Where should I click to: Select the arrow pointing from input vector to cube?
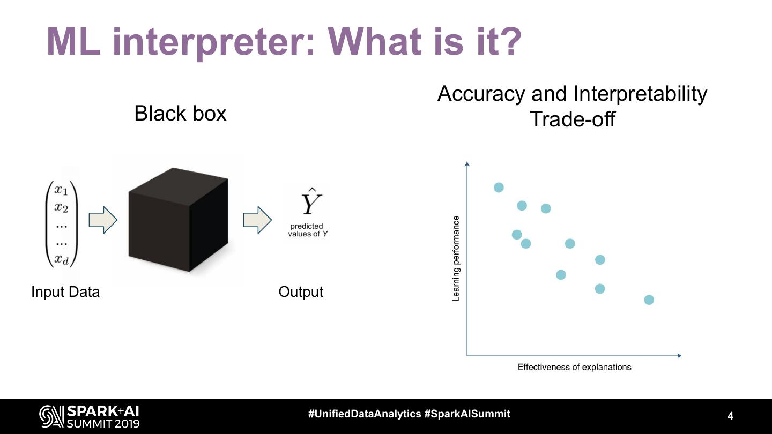[x=102, y=220]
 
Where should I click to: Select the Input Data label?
[x=65, y=292]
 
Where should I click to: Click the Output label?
[x=301, y=292]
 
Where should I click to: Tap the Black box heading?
[x=180, y=114]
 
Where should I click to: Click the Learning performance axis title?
[x=456, y=258]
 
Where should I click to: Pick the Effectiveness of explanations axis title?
[x=574, y=367]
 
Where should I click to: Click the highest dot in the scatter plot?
[x=499, y=187]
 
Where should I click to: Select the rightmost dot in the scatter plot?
[x=649, y=300]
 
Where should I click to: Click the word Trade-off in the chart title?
[x=572, y=118]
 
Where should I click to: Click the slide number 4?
[x=730, y=416]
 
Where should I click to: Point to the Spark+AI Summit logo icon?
[x=51, y=416]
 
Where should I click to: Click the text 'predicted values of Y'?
[x=307, y=230]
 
